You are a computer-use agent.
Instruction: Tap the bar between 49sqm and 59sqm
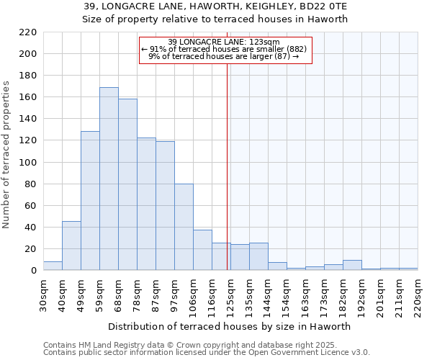click(x=90, y=201)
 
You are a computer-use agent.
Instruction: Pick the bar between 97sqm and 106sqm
click(x=184, y=227)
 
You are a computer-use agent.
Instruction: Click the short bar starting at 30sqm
click(x=53, y=266)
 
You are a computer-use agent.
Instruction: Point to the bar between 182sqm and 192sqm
click(x=352, y=265)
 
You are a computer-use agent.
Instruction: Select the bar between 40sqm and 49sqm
click(x=71, y=246)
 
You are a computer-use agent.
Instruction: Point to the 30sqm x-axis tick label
click(x=44, y=294)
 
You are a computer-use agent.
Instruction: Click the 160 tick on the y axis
click(x=29, y=97)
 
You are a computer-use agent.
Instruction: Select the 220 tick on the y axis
click(x=29, y=32)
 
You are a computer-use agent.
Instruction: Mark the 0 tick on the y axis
click(x=33, y=271)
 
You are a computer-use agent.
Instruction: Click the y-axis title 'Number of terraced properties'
click(x=7, y=155)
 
